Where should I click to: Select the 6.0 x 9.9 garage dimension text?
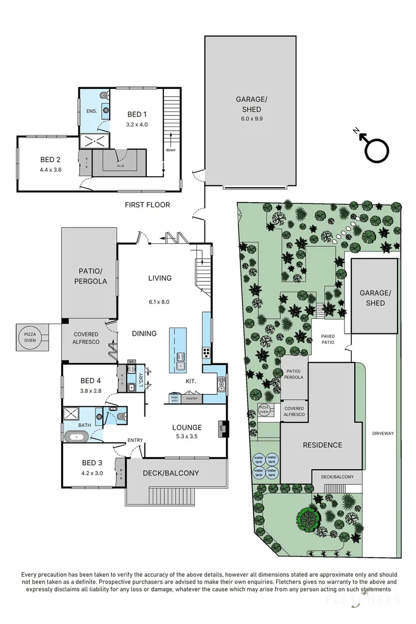248,119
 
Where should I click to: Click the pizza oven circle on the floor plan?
29,337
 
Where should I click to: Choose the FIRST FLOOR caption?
147,205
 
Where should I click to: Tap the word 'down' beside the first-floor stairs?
170,150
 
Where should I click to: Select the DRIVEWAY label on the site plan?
382,433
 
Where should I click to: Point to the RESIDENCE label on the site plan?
323,445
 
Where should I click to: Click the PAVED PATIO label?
328,339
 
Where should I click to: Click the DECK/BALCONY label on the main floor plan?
171,473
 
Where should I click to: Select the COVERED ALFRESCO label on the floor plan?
86,338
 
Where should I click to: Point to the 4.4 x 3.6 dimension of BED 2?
51,170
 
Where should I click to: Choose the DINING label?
144,333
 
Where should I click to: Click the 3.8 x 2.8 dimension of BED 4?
91,391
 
